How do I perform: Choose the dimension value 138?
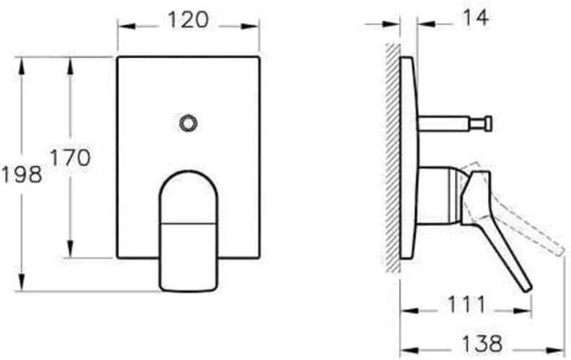pyautogui.click(x=478, y=342)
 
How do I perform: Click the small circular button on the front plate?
pyautogui.click(x=189, y=122)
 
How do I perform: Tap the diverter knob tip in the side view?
pyautogui.click(x=489, y=122)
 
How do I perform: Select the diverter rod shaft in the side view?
pyautogui.click(x=449, y=123)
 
